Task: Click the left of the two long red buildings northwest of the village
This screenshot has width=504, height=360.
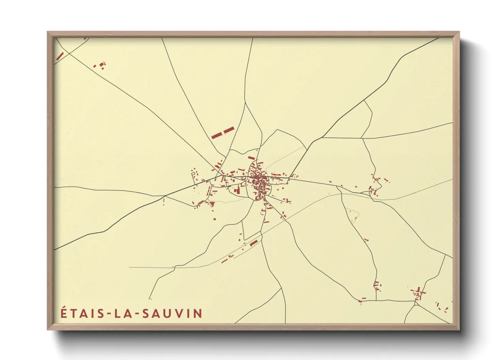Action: (217, 135)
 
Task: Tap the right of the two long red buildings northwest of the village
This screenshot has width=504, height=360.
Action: (229, 130)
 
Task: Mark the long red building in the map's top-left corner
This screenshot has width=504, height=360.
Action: (60, 56)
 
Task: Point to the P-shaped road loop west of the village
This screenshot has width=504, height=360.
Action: (193, 175)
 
